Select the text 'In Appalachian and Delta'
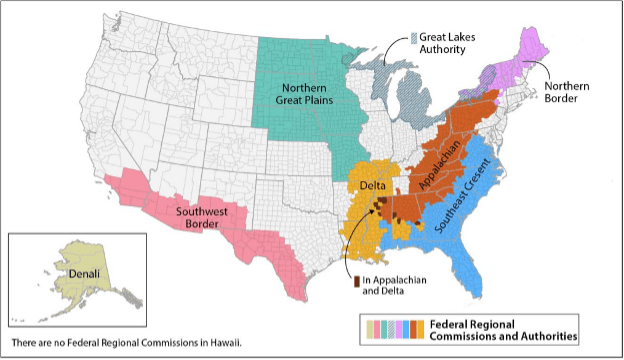[x=394, y=285]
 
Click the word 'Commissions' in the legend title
[x=474, y=336]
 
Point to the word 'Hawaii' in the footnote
[x=226, y=343]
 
